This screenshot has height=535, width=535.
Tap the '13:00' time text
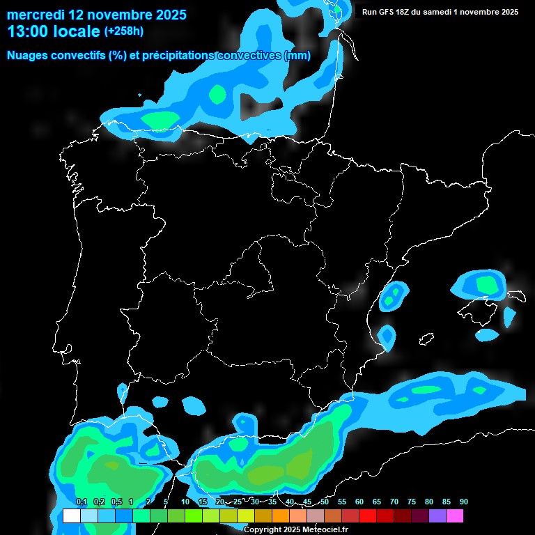[27, 31]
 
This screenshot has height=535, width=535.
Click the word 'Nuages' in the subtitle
[27, 56]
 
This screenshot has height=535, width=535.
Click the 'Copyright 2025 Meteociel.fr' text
[295, 529]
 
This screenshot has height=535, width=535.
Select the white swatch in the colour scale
[71, 516]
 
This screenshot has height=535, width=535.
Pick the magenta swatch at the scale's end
[454, 516]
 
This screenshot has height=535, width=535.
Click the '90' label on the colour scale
[463, 502]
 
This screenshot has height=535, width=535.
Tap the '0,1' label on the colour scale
[81, 502]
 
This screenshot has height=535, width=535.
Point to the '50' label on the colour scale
[325, 502]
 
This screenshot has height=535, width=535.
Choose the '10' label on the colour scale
[185, 502]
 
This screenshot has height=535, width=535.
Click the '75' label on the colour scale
[412, 502]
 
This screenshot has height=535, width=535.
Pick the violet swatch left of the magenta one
[437, 516]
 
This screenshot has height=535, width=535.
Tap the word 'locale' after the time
[77, 31]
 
